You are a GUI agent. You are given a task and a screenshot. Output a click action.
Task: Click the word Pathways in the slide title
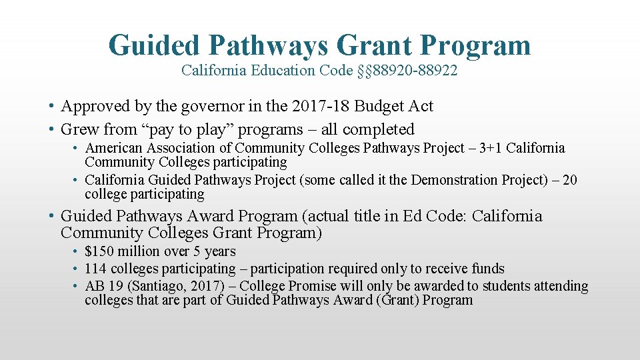[267, 45]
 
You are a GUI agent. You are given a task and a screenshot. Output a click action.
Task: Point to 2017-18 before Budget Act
[325, 106]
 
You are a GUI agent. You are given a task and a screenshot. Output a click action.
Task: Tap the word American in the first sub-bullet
[114, 148]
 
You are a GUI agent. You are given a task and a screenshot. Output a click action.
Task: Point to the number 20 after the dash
[569, 180]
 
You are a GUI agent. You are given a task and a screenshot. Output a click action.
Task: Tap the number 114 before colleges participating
[96, 269]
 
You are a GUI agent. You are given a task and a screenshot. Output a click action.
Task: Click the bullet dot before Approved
[51, 107]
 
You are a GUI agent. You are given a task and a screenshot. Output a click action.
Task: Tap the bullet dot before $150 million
[77, 252]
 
